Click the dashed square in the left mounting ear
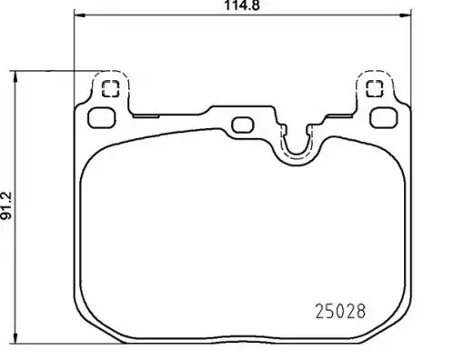(110, 89)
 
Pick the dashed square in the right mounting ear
(374, 89)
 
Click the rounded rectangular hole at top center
(242, 125)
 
